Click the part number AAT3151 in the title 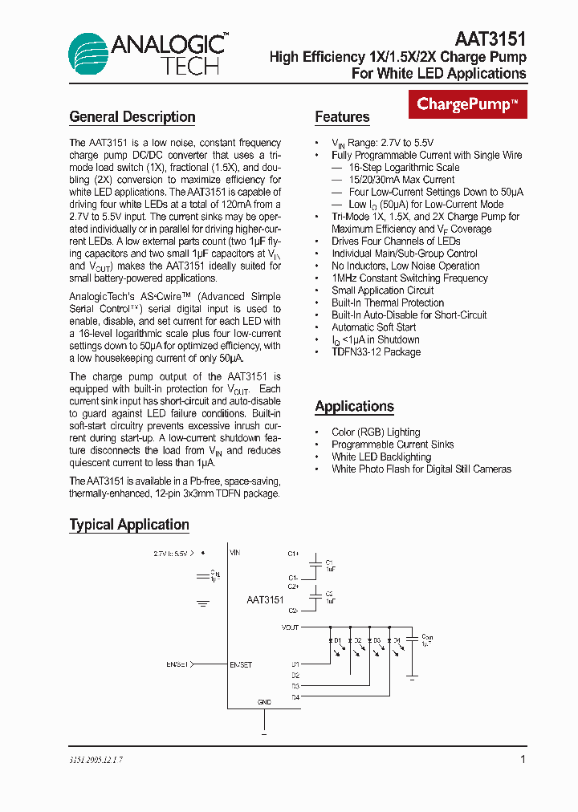click(490, 39)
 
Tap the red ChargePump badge click(467, 104)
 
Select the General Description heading click(132, 117)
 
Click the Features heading click(342, 117)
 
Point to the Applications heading click(354, 407)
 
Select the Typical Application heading click(129, 525)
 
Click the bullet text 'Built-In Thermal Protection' click(387, 302)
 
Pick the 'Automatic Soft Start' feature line click(373, 327)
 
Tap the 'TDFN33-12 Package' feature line click(376, 351)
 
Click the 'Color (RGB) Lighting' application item click(376, 432)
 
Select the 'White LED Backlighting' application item click(381, 457)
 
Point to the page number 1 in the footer click(523, 759)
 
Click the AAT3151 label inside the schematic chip click(265, 600)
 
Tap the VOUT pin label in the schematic click(291, 627)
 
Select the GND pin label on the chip click(264, 701)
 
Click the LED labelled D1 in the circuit click(334, 640)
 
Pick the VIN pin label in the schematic click(235, 553)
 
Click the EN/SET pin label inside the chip click(241, 664)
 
